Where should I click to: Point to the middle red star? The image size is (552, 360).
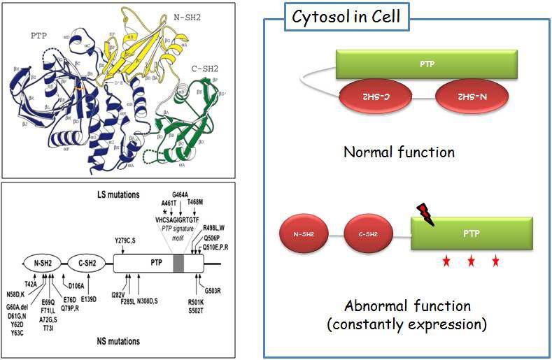pos(471,262)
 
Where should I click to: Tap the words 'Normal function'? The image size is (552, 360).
pos(399,152)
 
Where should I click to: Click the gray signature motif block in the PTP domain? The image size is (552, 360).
pos(179,264)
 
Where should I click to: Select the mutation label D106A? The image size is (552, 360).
pos(77,285)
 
